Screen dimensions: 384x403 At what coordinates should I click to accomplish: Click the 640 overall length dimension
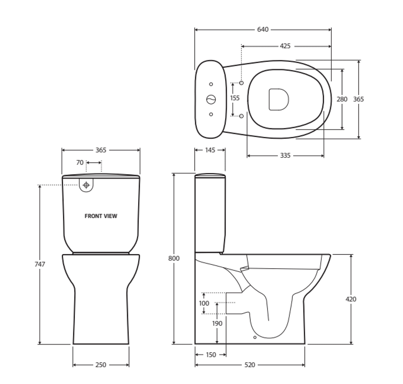pos(263,30)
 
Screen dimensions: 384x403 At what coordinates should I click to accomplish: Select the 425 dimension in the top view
pos(285,46)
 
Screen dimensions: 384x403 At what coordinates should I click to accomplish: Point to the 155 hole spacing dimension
pos(235,98)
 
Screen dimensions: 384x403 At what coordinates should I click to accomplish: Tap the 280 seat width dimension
pos(342,99)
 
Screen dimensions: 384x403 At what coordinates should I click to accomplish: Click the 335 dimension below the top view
pos(285,155)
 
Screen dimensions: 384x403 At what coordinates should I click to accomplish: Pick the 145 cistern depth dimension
pos(210,150)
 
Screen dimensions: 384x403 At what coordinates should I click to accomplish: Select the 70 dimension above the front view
pos(80,162)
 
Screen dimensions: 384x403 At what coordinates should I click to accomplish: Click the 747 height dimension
pos(40,264)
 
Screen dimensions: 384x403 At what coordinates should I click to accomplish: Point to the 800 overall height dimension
pos(174,258)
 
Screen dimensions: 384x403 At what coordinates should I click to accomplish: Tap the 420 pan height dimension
pos(351,299)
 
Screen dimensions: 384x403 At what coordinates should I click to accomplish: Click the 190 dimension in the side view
pos(217,323)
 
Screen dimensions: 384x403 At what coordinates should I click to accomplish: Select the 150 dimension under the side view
pos(211,355)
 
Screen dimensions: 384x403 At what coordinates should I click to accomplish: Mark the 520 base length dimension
pos(250,365)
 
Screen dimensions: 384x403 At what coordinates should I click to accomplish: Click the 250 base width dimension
pos(101,365)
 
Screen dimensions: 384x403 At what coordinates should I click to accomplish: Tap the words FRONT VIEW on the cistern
pos(101,216)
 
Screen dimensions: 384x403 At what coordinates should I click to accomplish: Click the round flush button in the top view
pos(211,100)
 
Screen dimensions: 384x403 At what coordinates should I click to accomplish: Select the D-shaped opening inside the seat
pos(278,99)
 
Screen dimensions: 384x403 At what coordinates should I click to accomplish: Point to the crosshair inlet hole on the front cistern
pos(86,185)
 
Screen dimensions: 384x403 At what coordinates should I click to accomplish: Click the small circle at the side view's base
pos(255,337)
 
